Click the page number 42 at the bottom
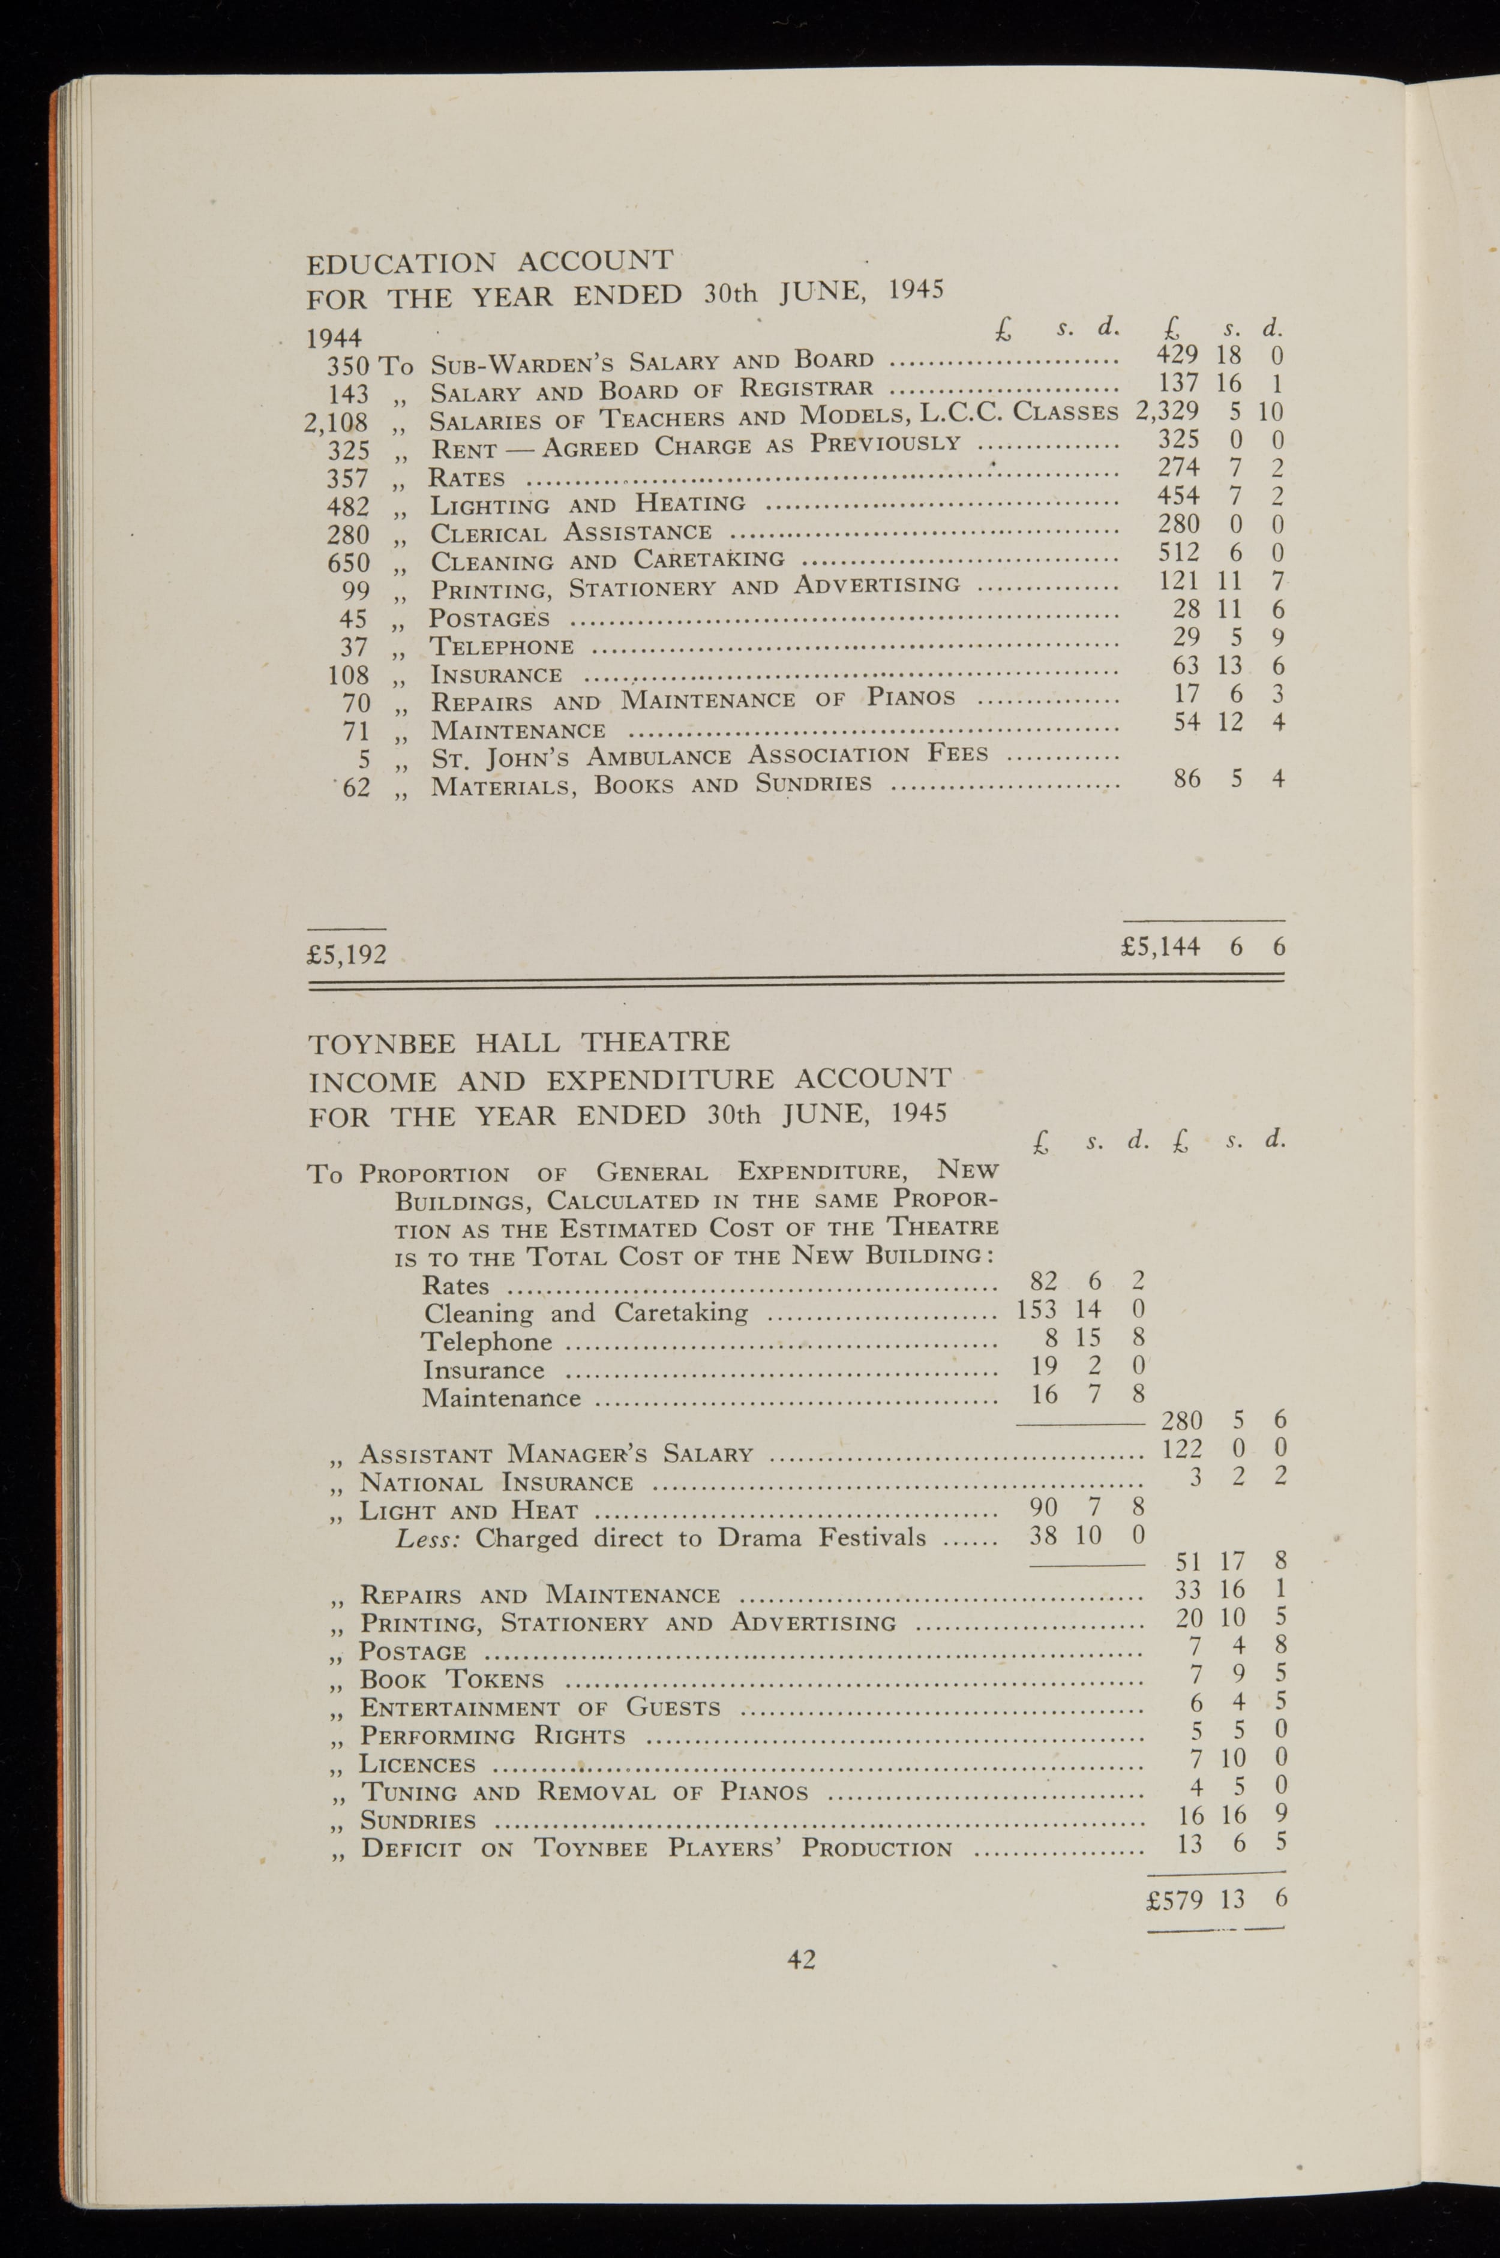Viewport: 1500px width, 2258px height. pos(801,1960)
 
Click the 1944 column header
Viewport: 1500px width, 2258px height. pos(333,338)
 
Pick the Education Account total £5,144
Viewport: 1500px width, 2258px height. pos(1162,947)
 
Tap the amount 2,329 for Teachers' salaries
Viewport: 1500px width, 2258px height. pos(1167,412)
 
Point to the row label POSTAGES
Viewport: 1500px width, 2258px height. pos(490,618)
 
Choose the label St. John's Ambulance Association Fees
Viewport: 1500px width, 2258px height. pos(709,756)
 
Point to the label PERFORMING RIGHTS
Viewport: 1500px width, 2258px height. pos(492,1736)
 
